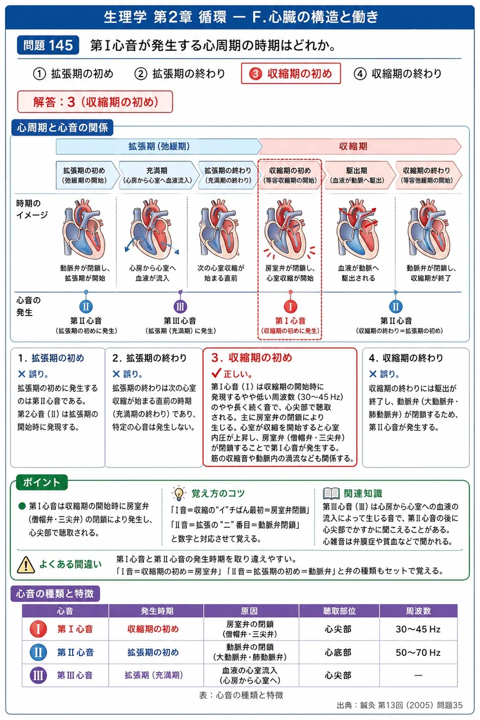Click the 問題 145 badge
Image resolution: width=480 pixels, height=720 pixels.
48,45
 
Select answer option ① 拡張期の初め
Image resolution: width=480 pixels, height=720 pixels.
73,74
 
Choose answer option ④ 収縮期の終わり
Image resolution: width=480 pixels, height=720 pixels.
398,74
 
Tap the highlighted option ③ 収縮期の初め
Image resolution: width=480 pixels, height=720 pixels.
290,74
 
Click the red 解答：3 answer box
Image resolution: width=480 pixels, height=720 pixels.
95,102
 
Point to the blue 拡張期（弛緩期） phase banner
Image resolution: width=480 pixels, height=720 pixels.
159,147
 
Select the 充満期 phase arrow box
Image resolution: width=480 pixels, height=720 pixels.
157,175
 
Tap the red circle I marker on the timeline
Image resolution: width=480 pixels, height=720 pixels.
290,307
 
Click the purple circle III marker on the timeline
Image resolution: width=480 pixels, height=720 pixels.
180,307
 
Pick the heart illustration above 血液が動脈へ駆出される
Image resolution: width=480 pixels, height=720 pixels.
358,229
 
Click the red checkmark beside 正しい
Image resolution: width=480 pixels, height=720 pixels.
216,373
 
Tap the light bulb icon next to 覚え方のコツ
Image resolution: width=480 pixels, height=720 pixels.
179,493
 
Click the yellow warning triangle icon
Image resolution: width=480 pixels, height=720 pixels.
26,565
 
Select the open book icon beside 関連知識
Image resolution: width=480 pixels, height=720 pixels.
331,493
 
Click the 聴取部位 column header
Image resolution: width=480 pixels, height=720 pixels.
339,611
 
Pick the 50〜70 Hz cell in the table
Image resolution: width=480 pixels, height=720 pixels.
418,652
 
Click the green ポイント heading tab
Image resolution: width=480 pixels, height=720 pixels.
42,482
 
